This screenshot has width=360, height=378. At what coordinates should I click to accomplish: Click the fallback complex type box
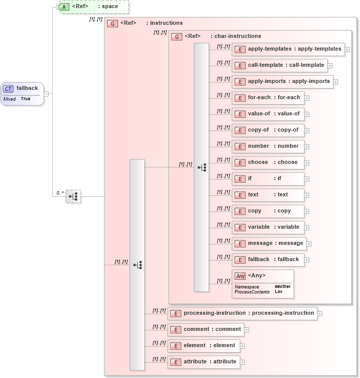coord(22,93)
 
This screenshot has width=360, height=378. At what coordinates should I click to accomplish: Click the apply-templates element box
coord(288,49)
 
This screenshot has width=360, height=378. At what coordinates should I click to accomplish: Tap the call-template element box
coord(280,65)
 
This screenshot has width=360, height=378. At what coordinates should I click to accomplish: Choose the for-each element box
coord(268,98)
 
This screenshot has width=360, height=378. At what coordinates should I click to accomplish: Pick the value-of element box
coord(268,114)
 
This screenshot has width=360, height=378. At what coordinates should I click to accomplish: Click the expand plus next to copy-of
coord(307,131)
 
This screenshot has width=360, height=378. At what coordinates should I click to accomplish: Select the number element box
coord(268,146)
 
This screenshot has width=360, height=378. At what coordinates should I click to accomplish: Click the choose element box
coord(268,162)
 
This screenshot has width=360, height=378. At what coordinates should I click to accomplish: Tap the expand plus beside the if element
coord(307,179)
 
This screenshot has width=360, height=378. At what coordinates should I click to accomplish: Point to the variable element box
coord(268,227)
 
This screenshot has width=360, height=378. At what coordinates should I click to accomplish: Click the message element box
coord(269,243)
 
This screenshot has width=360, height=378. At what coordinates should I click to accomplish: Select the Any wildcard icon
coord(241,276)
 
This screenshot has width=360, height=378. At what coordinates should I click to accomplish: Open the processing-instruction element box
coord(243,313)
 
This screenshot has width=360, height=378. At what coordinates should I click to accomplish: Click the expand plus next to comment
coord(247,330)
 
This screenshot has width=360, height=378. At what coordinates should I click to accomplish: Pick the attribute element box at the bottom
coord(204,362)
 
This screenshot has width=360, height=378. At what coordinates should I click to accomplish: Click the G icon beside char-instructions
coord(177,36)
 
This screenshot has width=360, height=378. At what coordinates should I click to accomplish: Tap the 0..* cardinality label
coord(59,193)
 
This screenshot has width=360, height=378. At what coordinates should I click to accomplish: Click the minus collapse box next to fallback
coord(46,94)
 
